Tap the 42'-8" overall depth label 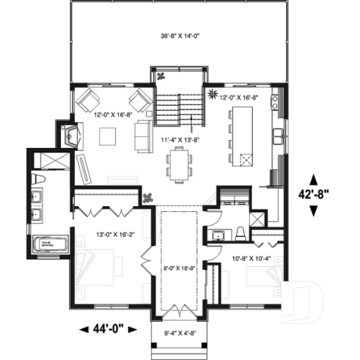click(315, 195)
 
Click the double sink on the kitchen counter click(279, 136)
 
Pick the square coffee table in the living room click(108, 136)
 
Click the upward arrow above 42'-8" click(315, 179)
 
